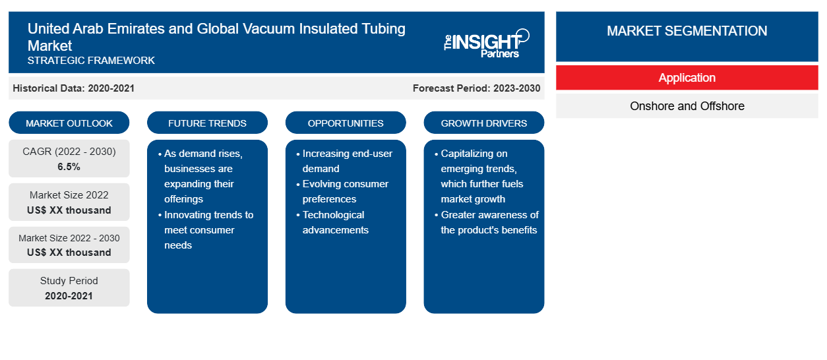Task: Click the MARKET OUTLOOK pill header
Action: (69, 123)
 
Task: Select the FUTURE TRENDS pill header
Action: (207, 123)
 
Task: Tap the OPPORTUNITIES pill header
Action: (346, 123)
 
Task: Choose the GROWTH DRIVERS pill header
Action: (483, 123)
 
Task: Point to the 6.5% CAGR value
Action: (69, 167)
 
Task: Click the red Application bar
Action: (687, 78)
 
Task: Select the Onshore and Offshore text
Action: (687, 106)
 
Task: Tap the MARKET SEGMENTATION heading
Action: (687, 31)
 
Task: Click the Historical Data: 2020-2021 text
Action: (73, 88)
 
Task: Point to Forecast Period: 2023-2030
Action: (476, 88)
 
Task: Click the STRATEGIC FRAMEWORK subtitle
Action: (91, 61)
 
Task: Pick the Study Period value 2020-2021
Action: (69, 296)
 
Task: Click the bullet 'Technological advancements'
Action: (333, 222)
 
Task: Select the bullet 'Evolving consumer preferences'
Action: (343, 191)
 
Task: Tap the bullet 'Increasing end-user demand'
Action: (344, 161)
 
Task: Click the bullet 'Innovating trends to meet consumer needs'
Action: (206, 230)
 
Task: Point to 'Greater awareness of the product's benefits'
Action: (487, 222)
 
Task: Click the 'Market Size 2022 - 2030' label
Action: (69, 238)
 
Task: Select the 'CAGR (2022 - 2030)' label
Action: (69, 152)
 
